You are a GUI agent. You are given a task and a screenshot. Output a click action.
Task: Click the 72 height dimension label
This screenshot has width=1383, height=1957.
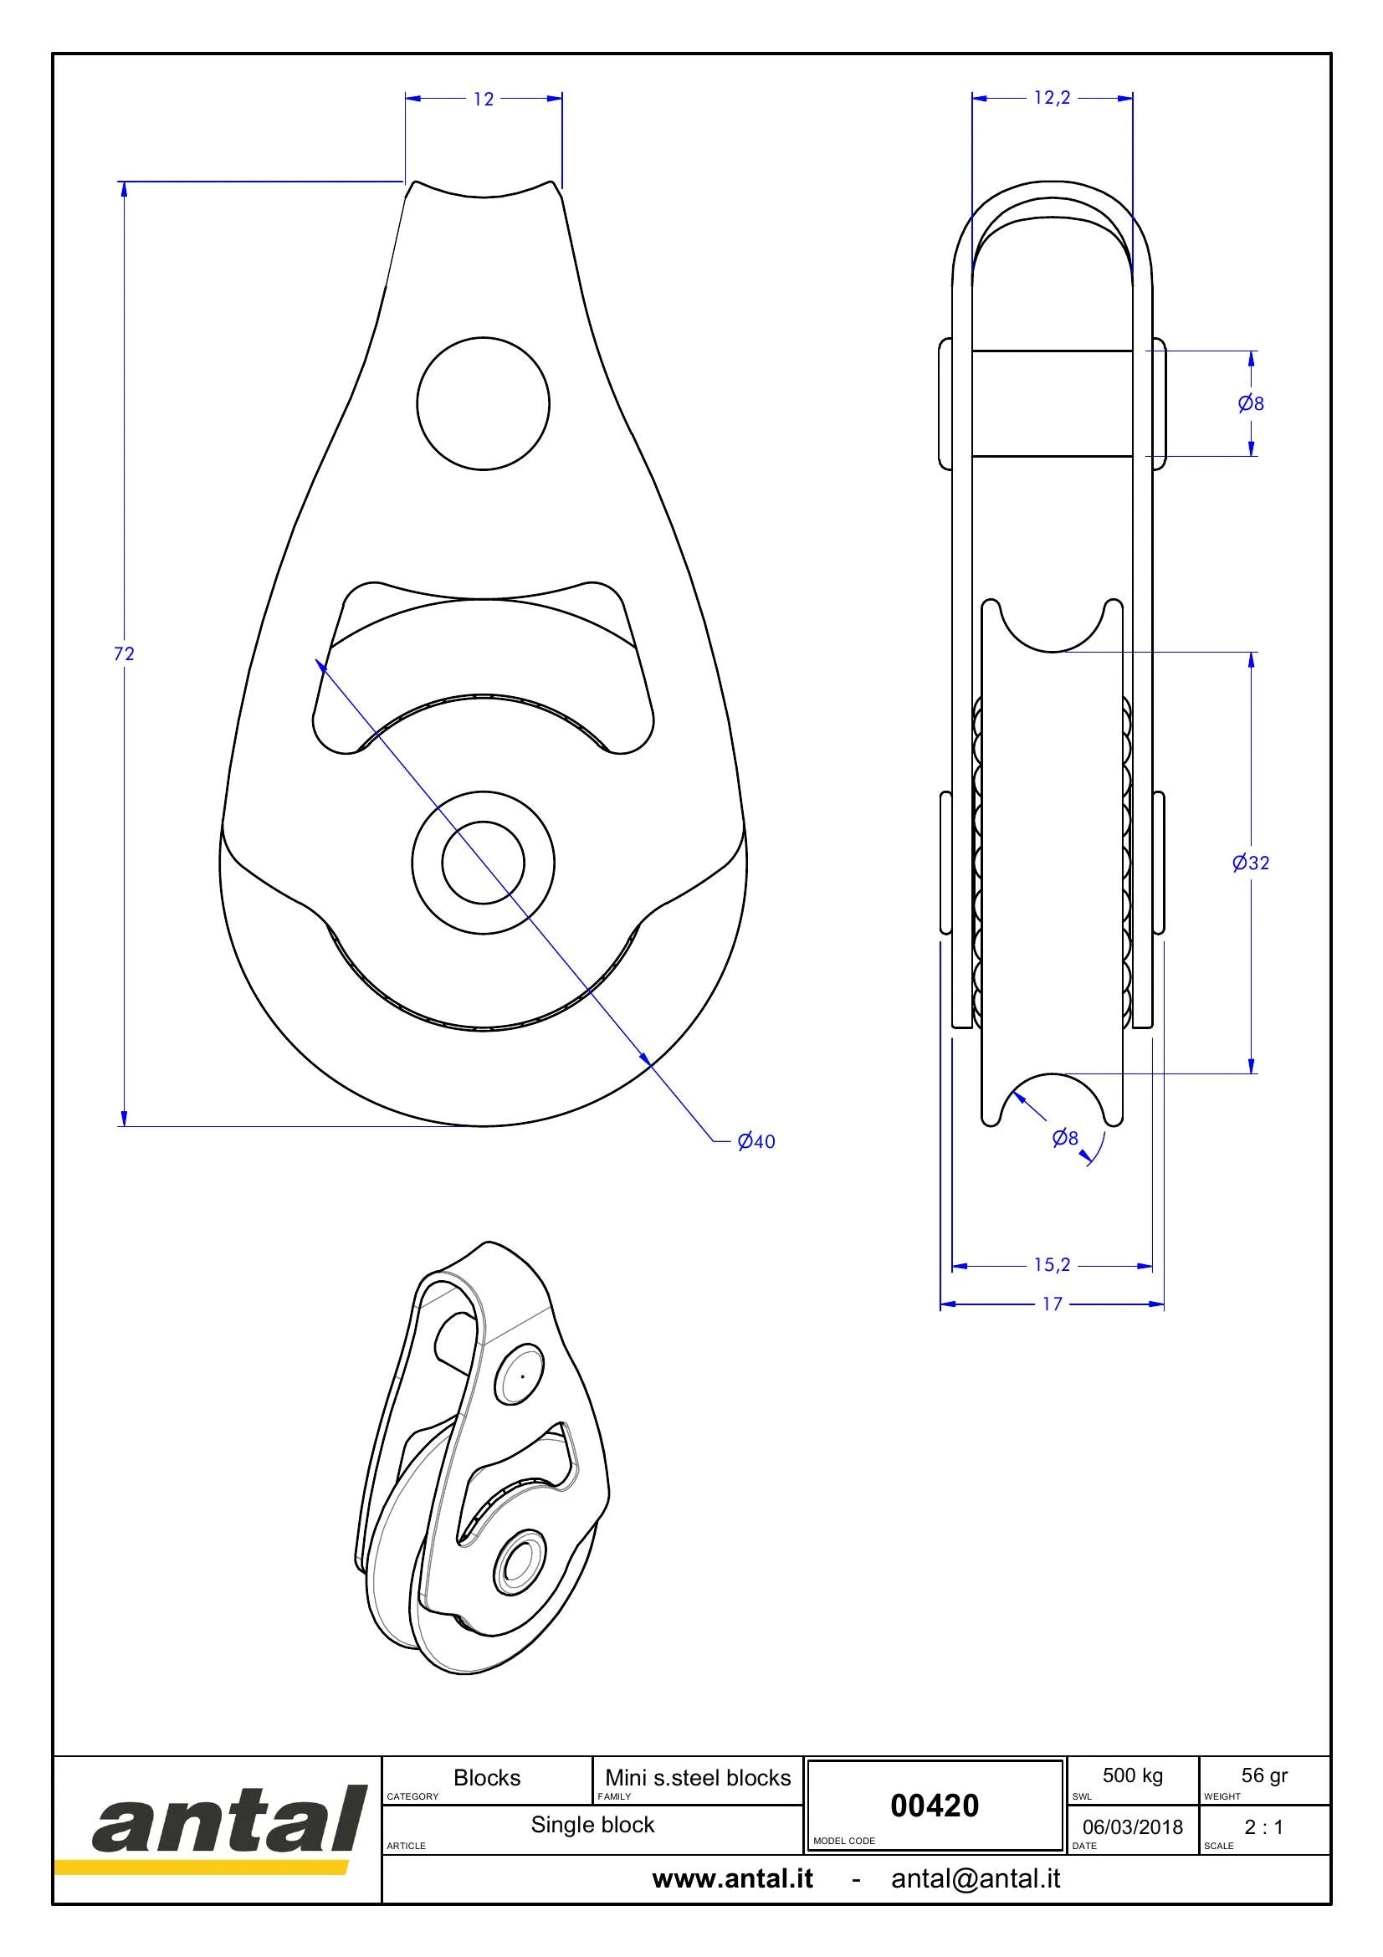(x=125, y=653)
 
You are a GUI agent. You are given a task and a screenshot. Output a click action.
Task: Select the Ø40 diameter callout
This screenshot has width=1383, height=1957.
(x=756, y=1141)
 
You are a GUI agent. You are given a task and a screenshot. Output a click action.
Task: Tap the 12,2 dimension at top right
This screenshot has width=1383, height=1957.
(x=1052, y=98)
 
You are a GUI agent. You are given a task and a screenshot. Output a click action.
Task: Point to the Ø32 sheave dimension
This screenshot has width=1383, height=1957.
(x=1250, y=863)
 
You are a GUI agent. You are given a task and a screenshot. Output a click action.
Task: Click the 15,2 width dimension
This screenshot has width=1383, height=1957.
(x=1052, y=1265)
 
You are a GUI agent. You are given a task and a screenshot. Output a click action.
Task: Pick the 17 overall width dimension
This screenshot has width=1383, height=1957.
(x=1053, y=1304)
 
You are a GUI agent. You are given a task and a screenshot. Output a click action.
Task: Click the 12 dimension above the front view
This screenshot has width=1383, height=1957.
(x=483, y=100)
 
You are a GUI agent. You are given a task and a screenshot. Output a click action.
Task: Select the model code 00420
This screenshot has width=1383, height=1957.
(x=935, y=1806)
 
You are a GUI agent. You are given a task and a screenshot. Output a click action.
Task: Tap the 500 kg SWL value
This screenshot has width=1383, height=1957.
(x=1133, y=1776)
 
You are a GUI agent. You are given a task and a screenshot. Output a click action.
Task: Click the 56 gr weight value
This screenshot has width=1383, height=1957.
(x=1264, y=1776)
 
